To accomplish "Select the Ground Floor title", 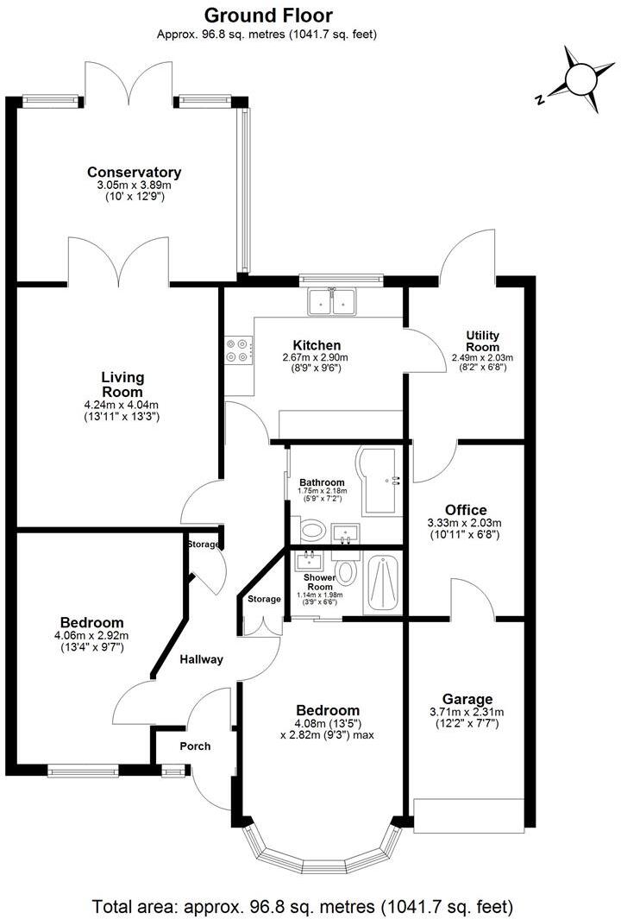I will [x=267, y=15].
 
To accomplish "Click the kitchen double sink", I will [x=332, y=302].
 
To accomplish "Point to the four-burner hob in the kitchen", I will [x=239, y=349].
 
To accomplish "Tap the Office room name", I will [x=466, y=510].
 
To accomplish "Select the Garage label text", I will [x=467, y=699].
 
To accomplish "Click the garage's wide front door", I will [x=468, y=815].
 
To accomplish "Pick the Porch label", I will [x=195, y=746].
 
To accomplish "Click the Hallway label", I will [x=201, y=659].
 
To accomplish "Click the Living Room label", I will [x=122, y=385].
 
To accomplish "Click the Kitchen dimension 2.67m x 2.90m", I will [x=316, y=357].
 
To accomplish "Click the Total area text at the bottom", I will [x=303, y=907].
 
